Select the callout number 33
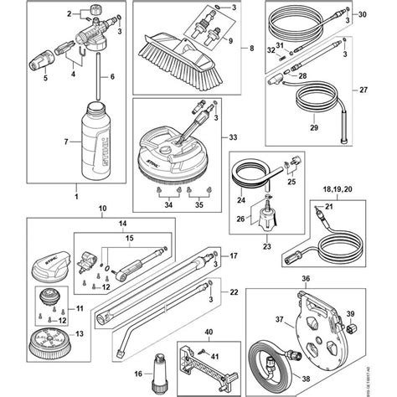pos(233,137)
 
